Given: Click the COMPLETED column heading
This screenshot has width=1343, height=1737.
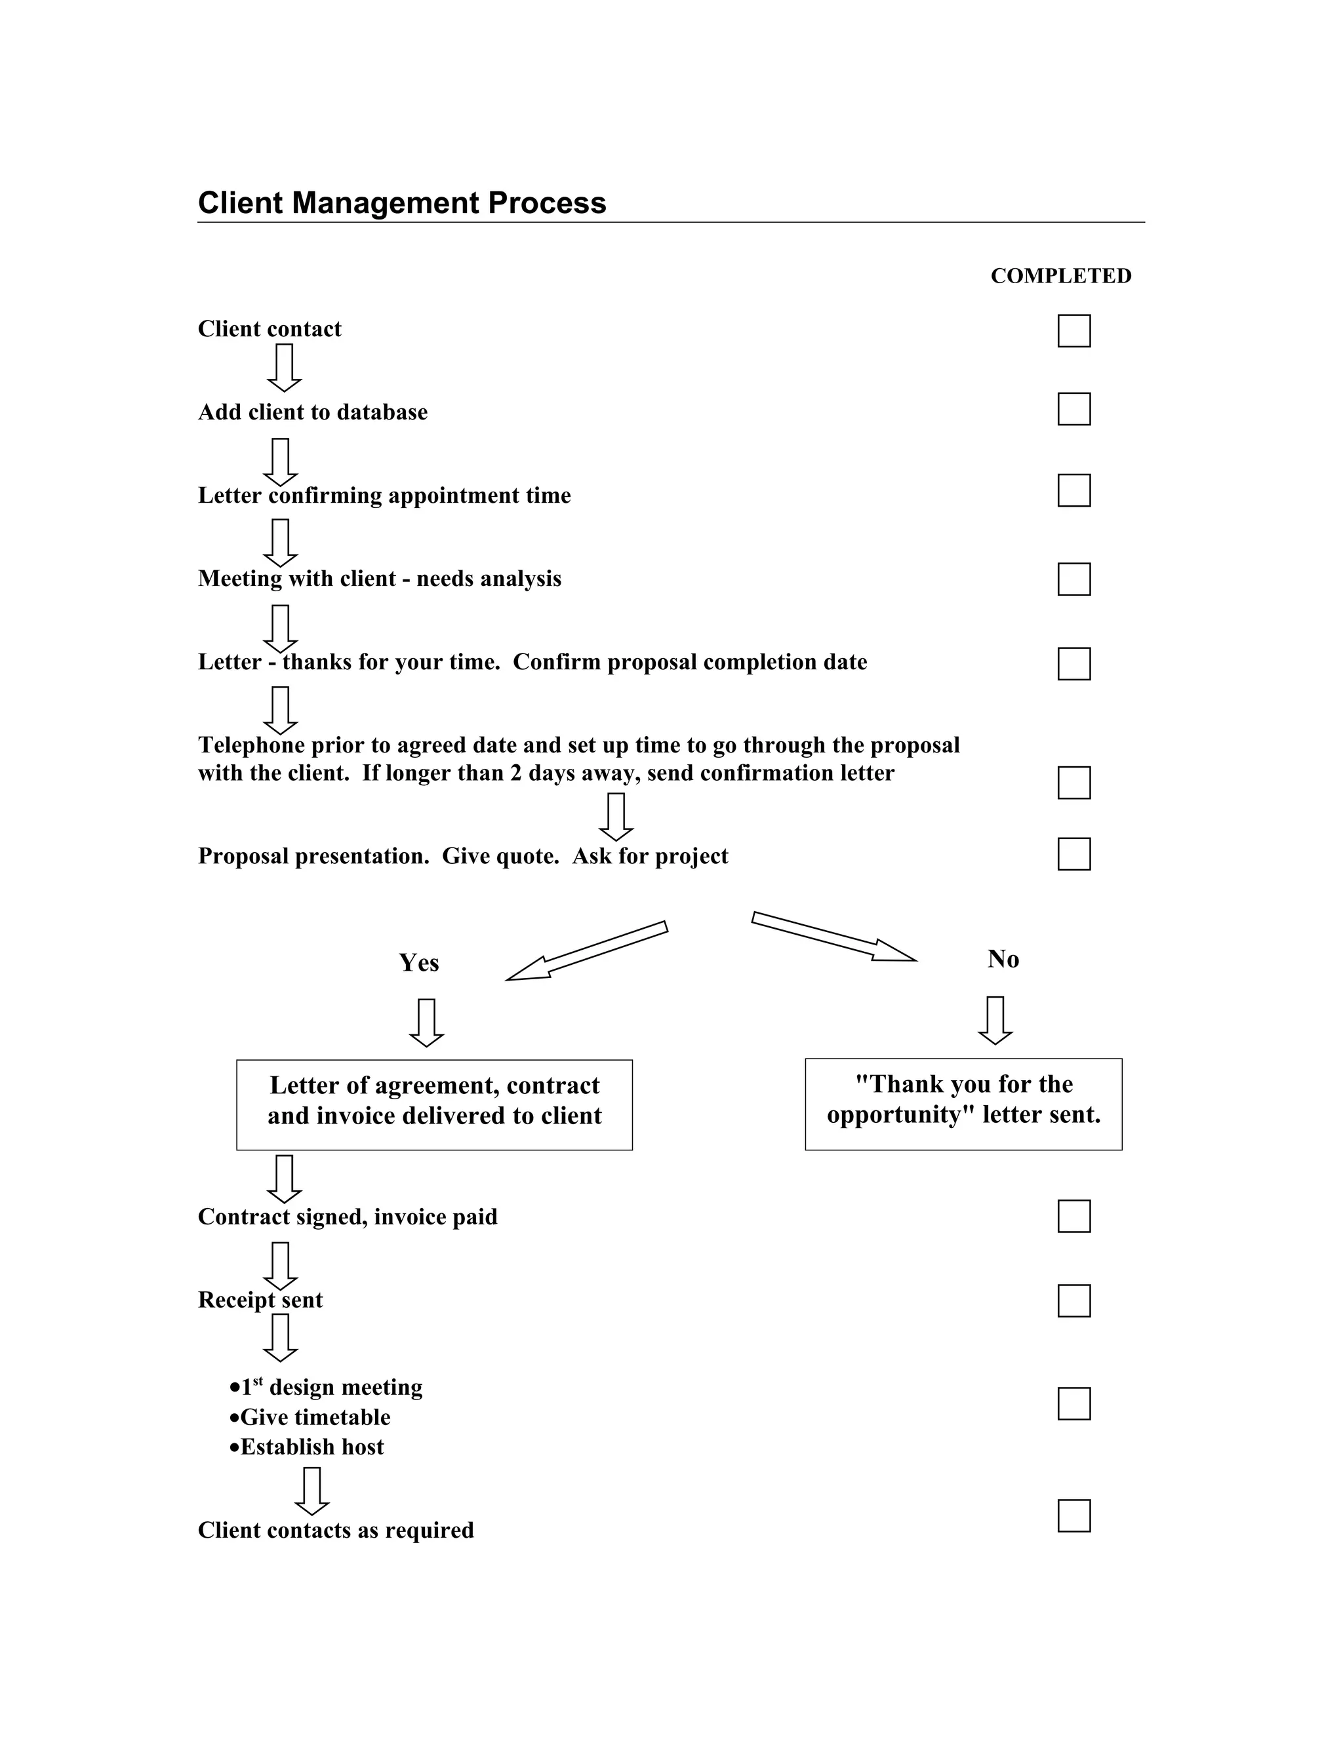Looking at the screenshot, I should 1060,276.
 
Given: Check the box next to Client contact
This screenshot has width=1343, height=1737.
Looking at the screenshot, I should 1073,331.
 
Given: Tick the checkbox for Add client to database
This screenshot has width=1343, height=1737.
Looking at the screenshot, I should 1073,409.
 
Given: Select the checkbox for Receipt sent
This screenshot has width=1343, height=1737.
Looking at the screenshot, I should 1073,1300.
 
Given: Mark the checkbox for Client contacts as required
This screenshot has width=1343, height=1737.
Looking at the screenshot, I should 1073,1515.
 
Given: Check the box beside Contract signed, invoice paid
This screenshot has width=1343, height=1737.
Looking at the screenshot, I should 1073,1216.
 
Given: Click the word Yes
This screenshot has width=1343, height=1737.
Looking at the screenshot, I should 418,963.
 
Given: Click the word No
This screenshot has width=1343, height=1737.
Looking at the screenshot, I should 1003,959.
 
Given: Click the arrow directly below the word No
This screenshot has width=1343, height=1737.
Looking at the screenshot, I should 995,1020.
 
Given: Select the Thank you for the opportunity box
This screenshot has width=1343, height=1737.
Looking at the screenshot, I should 963,1103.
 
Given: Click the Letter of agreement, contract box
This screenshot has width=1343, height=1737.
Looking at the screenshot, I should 433,1104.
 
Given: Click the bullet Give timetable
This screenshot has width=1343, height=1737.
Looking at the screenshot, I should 314,1416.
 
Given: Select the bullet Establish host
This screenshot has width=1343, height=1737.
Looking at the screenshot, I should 311,1446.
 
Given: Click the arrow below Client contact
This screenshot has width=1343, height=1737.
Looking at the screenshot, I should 284,368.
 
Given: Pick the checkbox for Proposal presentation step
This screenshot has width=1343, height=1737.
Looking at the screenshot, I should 1073,853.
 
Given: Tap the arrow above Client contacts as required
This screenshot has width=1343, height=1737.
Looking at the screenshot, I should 312,1491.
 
